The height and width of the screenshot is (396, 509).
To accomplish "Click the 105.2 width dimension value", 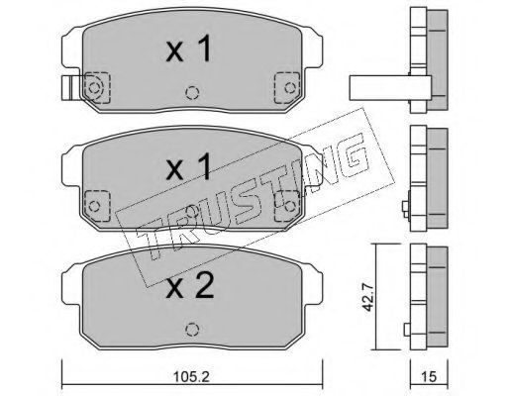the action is click(192, 376).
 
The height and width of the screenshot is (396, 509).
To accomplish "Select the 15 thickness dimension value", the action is click(429, 376).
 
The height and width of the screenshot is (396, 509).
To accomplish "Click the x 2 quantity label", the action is click(190, 286).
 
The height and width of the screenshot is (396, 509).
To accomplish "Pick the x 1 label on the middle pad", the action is click(188, 167).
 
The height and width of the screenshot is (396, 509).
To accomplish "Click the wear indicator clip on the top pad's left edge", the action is click(70, 88).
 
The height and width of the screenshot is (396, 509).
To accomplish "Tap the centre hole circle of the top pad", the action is click(192, 93).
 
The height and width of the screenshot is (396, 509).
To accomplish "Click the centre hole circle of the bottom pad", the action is click(192, 330).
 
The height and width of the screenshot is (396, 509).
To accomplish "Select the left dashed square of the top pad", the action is click(97, 88).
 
